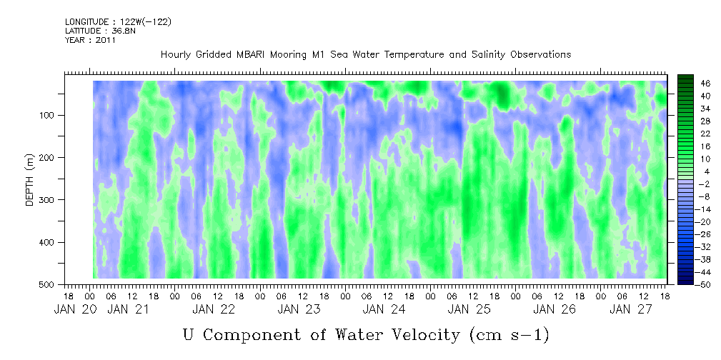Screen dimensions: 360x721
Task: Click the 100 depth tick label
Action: [x=51, y=115]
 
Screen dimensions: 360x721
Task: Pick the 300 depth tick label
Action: [x=51, y=200]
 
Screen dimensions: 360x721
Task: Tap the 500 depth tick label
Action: [x=51, y=284]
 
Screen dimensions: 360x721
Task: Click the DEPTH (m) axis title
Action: [x=29, y=183]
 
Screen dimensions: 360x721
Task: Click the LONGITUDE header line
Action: [x=118, y=21]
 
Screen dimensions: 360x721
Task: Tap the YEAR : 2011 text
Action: [x=91, y=40]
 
